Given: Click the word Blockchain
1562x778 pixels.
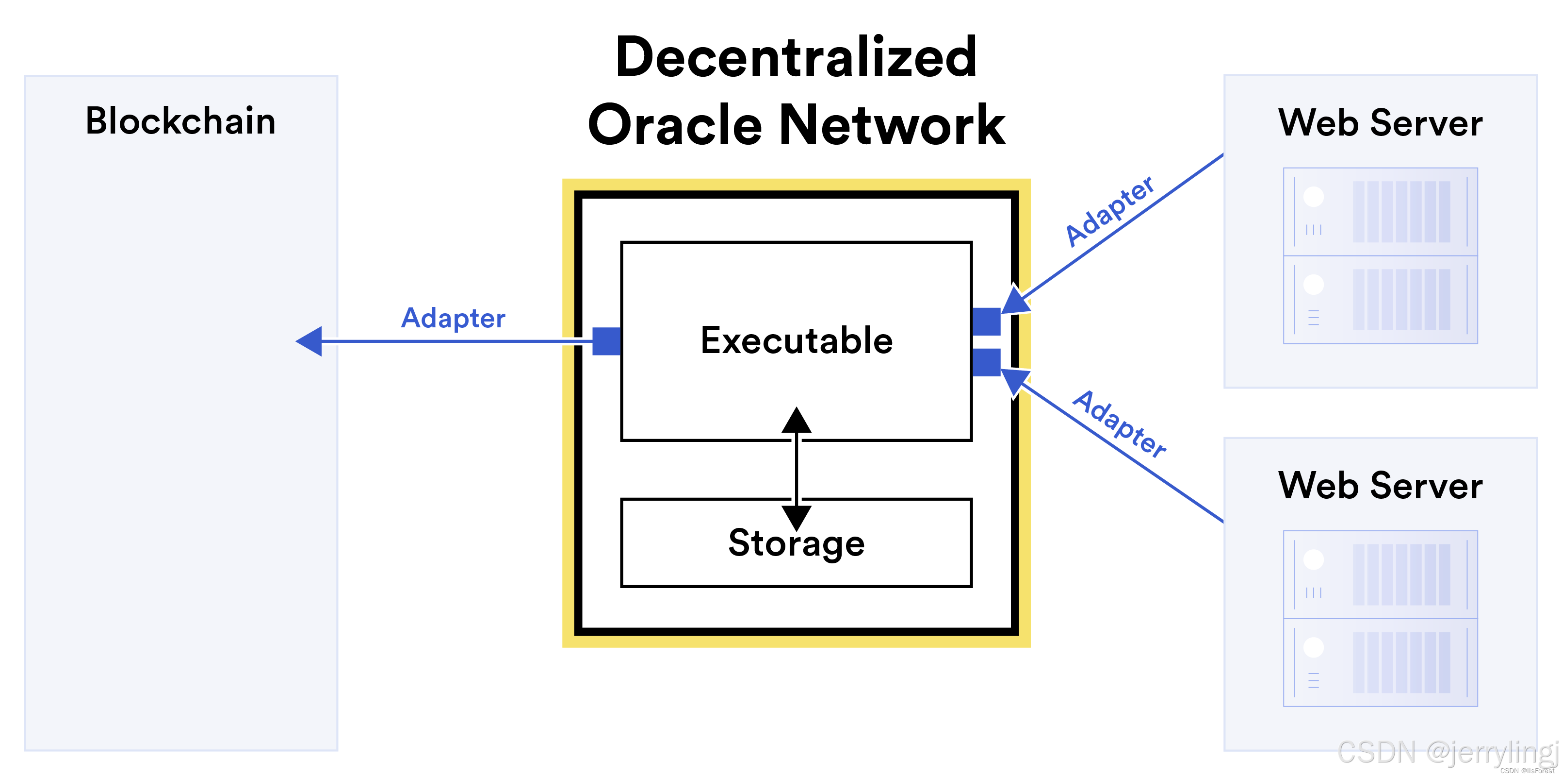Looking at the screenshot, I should [180, 121].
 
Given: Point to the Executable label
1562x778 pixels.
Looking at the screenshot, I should [796, 340].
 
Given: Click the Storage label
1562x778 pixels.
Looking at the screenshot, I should [796, 543].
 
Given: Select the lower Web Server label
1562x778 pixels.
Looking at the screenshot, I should [1380, 486].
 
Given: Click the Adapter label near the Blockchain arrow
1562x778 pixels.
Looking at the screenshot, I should [453, 318].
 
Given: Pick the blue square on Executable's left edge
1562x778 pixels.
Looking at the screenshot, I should [606, 341].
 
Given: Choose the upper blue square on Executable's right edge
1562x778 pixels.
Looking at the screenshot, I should [986, 321].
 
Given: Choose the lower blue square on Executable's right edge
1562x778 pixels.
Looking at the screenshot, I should [986, 362].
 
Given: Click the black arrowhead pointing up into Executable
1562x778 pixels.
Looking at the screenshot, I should [796, 421].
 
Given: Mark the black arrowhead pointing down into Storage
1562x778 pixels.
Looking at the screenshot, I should [796, 517].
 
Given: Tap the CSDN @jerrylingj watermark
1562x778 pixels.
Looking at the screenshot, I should [1447, 753].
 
